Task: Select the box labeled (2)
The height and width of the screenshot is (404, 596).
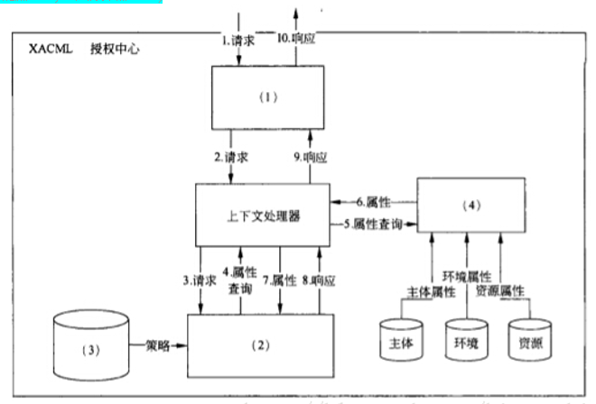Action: point(261,345)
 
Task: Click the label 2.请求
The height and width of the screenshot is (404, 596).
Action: point(231,156)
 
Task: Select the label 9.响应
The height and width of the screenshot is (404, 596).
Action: point(310,156)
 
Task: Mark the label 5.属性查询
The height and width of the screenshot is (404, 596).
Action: point(370,223)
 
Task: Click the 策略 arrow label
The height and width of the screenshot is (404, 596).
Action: point(159,344)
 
